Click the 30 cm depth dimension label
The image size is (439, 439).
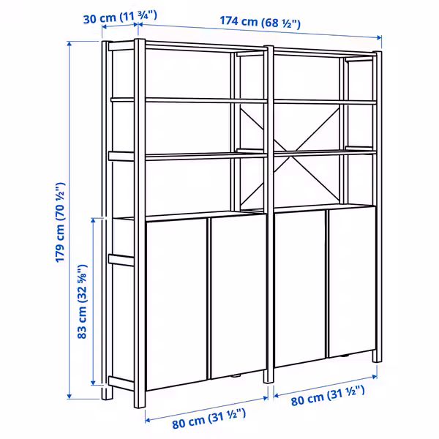(x=120, y=18)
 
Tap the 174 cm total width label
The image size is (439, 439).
(x=260, y=23)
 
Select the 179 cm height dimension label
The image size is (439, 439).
(x=60, y=222)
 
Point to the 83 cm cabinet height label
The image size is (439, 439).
(x=82, y=301)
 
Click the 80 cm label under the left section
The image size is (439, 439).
(x=209, y=419)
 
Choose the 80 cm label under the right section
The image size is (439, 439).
(x=328, y=395)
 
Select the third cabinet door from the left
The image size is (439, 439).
(x=300, y=288)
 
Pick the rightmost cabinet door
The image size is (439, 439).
(x=352, y=282)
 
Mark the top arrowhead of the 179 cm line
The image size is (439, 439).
(x=70, y=44)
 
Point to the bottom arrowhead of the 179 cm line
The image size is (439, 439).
(x=70, y=396)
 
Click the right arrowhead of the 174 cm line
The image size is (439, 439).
(x=378, y=37)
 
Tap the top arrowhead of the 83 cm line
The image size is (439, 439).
(x=94, y=221)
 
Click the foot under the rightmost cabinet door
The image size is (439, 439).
(x=345, y=356)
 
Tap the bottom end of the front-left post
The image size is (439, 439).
(x=140, y=407)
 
